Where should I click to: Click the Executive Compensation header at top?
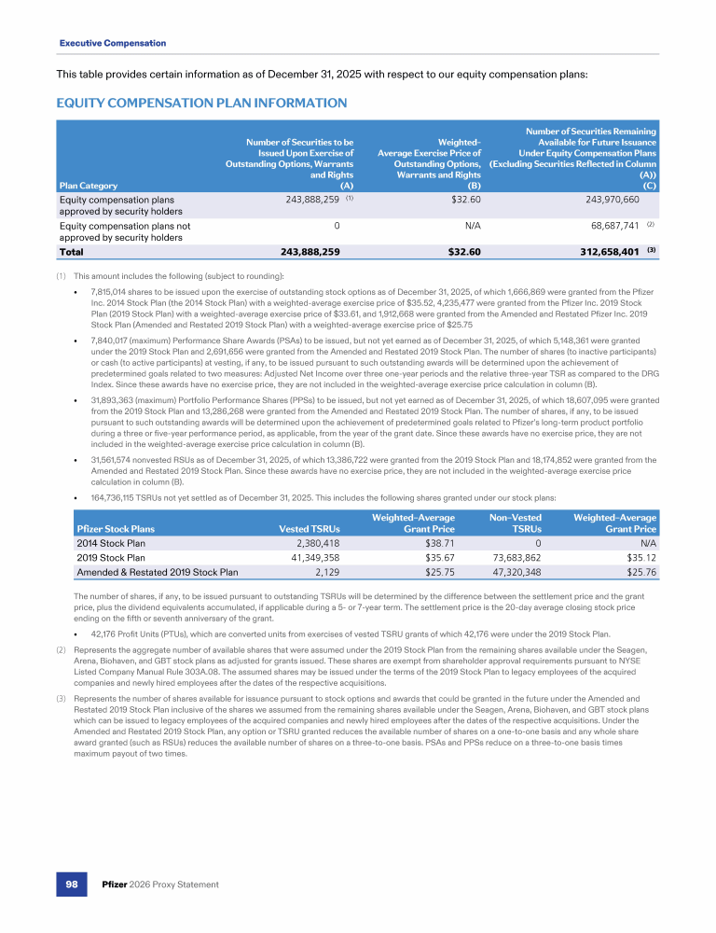113,43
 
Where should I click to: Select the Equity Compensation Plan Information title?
202,104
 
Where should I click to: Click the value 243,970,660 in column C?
601,200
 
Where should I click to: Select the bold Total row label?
74,252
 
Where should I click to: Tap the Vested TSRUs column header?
310,530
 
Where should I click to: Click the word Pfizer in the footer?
117,884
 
